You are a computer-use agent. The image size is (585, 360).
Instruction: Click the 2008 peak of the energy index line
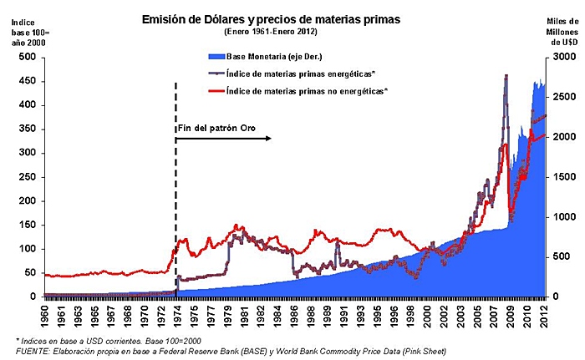pyautogui.click(x=506, y=76)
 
